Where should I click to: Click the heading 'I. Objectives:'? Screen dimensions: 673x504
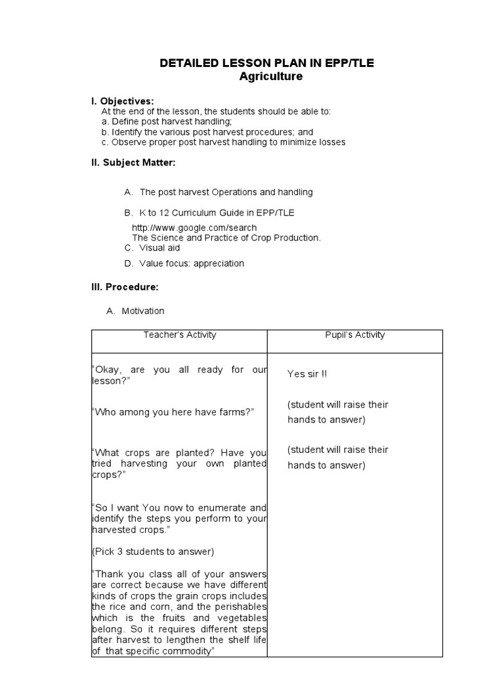tap(123, 101)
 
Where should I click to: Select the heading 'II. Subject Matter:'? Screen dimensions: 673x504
tap(133, 162)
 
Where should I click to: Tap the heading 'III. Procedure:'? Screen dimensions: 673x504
tap(125, 287)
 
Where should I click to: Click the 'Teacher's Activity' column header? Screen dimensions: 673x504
tap(180, 335)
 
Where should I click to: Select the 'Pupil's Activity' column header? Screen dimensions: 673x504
tap(355, 335)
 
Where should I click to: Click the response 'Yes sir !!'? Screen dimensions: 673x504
tap(307, 374)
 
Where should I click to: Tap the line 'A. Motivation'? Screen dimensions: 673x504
tap(136, 311)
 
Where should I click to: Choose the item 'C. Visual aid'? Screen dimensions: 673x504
tap(152, 248)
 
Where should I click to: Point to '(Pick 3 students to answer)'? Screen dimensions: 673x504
tap(153, 551)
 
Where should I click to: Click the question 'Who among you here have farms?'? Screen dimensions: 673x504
tap(173, 412)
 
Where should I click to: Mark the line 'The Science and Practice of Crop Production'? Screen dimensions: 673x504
tap(226, 237)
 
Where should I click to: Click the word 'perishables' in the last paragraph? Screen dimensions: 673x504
tap(243, 606)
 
